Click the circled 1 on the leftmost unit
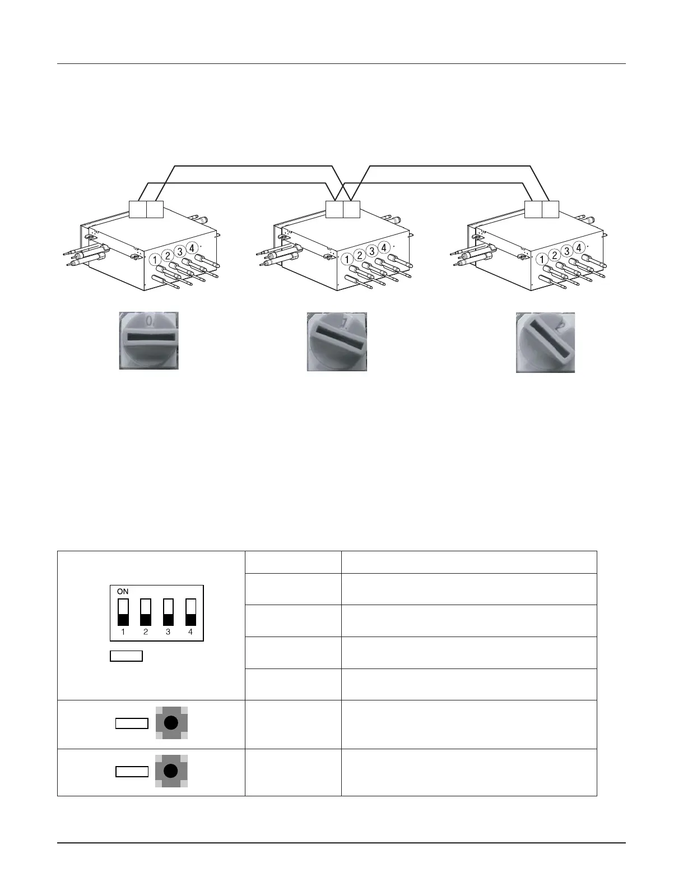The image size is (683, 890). (x=155, y=260)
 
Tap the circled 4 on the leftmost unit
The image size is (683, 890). (x=192, y=247)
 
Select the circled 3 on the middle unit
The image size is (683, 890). (x=371, y=251)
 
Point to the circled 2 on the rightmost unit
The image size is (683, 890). (x=555, y=255)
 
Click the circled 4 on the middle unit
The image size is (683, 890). (x=384, y=247)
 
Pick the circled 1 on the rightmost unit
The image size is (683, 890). (x=542, y=260)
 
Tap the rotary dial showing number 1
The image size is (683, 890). (x=337, y=342)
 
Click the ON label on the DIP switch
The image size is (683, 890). (x=123, y=592)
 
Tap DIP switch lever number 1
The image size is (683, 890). (x=123, y=612)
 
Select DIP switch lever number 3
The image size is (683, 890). (x=168, y=612)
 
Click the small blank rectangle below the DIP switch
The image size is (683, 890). (x=126, y=656)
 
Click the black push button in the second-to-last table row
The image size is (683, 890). (x=171, y=723)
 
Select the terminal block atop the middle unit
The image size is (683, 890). (x=342, y=209)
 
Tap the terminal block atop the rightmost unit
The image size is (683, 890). (x=542, y=209)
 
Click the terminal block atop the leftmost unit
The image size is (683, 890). (x=146, y=209)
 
